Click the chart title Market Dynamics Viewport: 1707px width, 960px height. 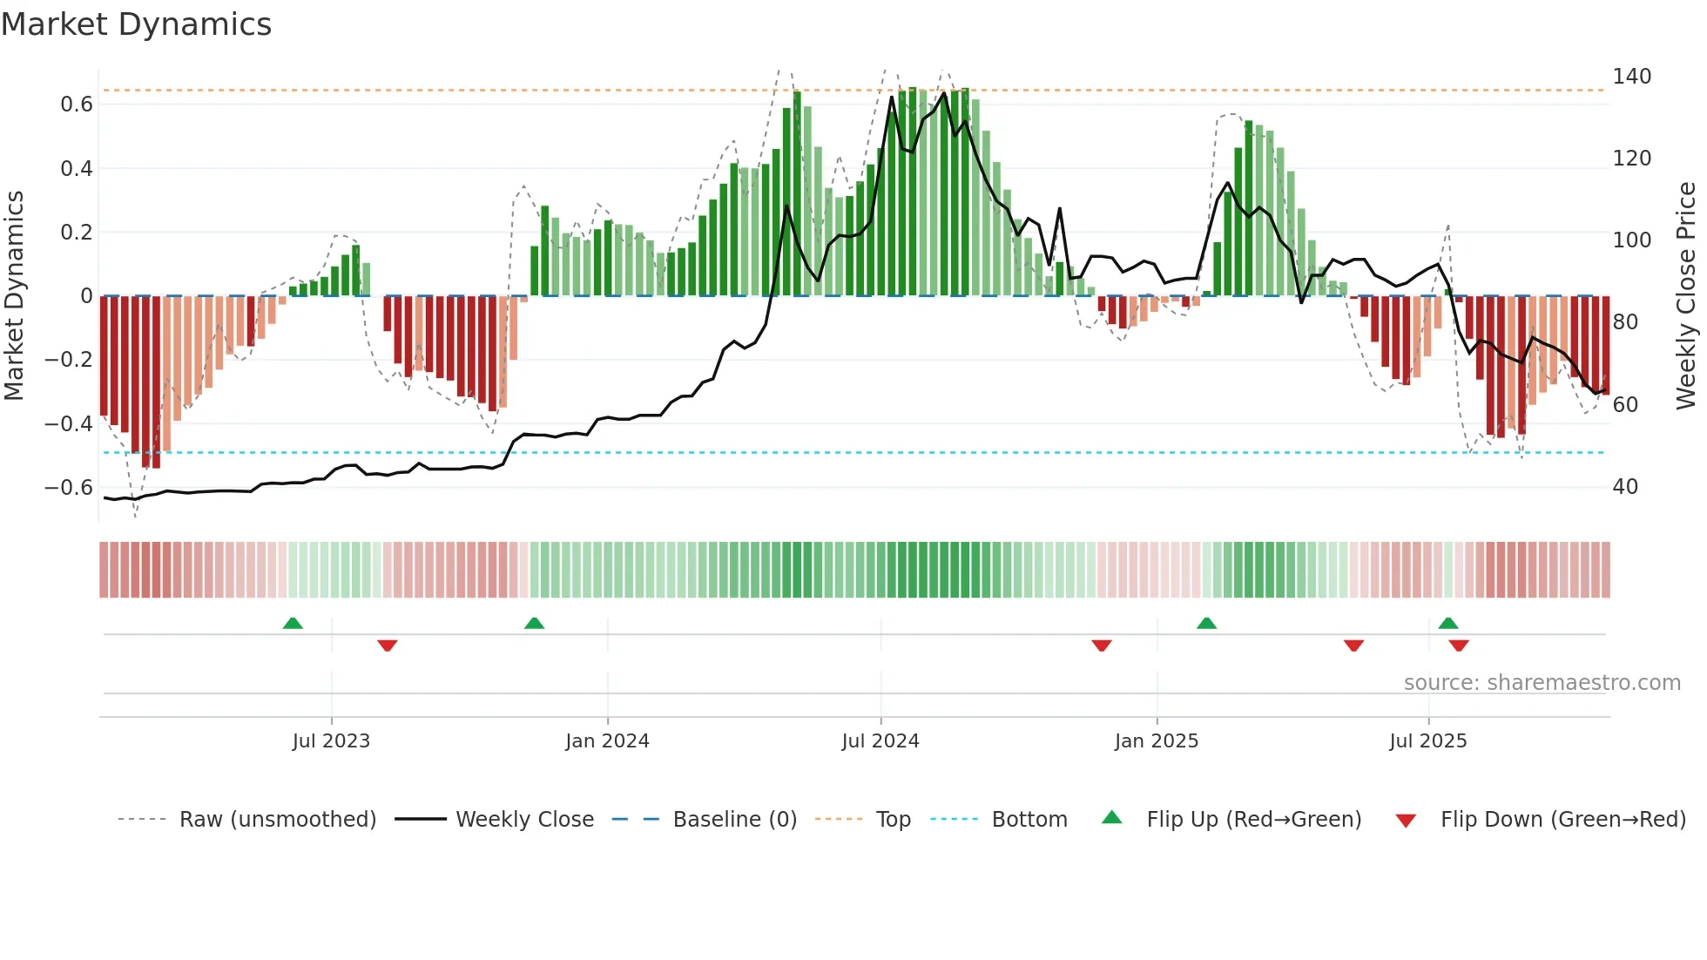click(x=136, y=24)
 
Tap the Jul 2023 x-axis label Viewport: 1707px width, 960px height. click(x=331, y=741)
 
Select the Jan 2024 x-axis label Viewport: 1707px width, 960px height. click(x=607, y=741)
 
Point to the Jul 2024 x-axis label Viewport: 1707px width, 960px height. click(x=880, y=741)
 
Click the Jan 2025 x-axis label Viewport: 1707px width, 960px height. click(x=1157, y=741)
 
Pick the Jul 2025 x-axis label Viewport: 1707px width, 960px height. click(x=1428, y=741)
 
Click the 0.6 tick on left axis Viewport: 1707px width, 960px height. click(x=77, y=105)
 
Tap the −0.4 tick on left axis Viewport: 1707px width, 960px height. click(x=69, y=424)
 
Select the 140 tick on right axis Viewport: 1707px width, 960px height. click(x=1631, y=77)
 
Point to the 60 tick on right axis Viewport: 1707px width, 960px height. click(x=1625, y=405)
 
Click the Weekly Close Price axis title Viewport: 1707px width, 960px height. click(x=1686, y=296)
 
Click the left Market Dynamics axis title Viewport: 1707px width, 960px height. click(x=14, y=296)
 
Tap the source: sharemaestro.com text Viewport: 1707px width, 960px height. click(x=1542, y=683)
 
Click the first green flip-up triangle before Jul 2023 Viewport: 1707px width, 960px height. click(x=293, y=624)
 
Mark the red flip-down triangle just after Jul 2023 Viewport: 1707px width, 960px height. click(x=388, y=646)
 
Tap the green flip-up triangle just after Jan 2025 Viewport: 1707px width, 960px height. click(x=1206, y=624)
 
